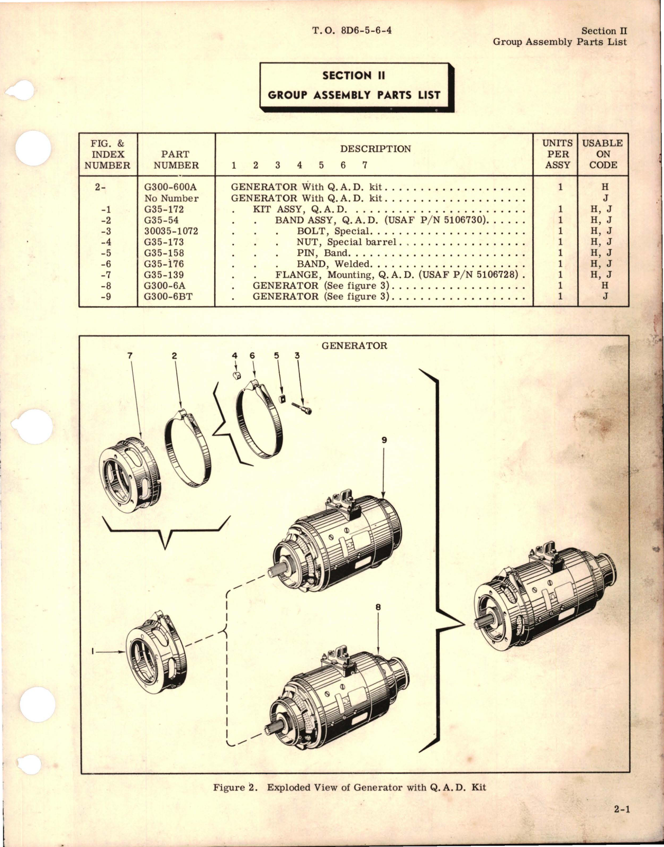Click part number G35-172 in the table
(x=163, y=210)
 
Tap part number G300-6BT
(x=168, y=297)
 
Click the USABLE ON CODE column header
(x=603, y=154)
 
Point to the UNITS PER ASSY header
(x=557, y=154)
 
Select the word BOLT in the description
(x=311, y=231)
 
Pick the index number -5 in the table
(x=106, y=253)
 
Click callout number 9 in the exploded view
(x=384, y=440)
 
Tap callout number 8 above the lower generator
(x=378, y=607)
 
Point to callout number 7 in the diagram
(x=130, y=356)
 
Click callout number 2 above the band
(x=175, y=356)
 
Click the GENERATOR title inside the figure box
(x=354, y=345)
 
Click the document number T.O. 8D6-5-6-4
(x=352, y=30)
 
